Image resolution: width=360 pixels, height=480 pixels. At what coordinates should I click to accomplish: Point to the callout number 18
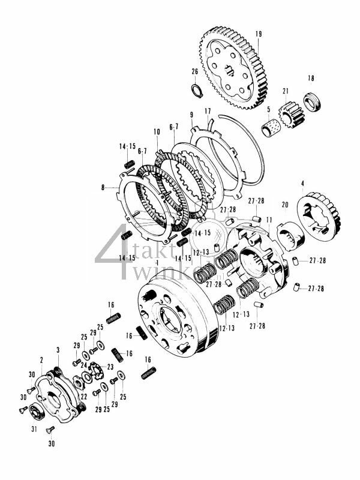311,79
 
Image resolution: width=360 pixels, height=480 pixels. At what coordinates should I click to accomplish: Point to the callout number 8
103,188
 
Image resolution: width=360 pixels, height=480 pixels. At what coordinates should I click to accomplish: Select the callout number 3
58,349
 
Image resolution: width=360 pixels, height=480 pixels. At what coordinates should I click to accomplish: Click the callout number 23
110,366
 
